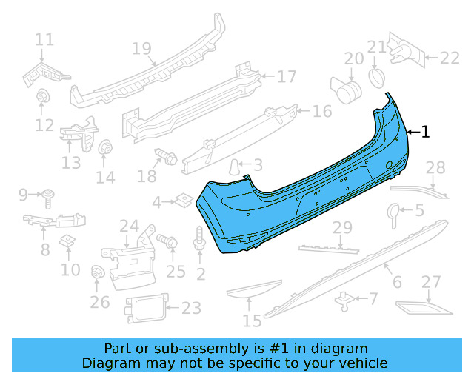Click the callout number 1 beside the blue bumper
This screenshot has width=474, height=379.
(x=425, y=132)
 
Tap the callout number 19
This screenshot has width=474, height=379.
(x=141, y=48)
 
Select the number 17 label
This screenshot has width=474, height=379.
(x=287, y=76)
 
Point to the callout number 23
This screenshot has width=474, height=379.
(x=191, y=308)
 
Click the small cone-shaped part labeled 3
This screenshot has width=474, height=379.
(x=234, y=167)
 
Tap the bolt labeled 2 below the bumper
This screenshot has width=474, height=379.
(x=199, y=238)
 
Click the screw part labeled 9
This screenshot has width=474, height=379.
(x=48, y=199)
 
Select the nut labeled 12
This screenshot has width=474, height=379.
(x=41, y=95)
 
